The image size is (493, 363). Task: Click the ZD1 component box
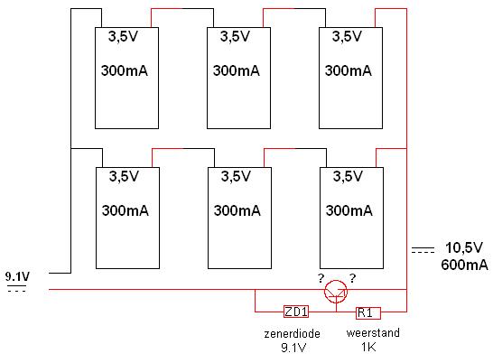[x=296, y=312]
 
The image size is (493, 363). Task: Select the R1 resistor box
[x=368, y=313]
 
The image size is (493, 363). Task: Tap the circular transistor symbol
[x=336, y=292]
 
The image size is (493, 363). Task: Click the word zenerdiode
[x=292, y=333]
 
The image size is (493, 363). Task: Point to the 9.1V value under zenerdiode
[x=293, y=348]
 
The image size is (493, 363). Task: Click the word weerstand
[x=373, y=332]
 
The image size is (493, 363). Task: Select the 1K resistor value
[x=368, y=347]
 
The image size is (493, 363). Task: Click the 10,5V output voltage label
[x=464, y=248]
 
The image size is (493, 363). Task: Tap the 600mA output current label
[x=464, y=265]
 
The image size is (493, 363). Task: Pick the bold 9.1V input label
[x=18, y=277]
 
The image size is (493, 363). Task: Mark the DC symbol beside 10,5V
[x=423, y=250]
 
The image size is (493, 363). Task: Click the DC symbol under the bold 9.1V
[x=16, y=288]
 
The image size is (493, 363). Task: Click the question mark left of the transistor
[x=321, y=278]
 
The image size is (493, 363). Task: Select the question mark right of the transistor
[x=353, y=278]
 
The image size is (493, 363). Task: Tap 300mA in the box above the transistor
[x=349, y=210]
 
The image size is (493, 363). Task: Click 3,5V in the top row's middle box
[x=235, y=36]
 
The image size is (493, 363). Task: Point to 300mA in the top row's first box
[x=125, y=70]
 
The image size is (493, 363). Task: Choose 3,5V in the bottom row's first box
[x=124, y=176]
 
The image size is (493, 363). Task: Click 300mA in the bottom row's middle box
[x=237, y=210]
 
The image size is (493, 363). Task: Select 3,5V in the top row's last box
[x=347, y=36]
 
